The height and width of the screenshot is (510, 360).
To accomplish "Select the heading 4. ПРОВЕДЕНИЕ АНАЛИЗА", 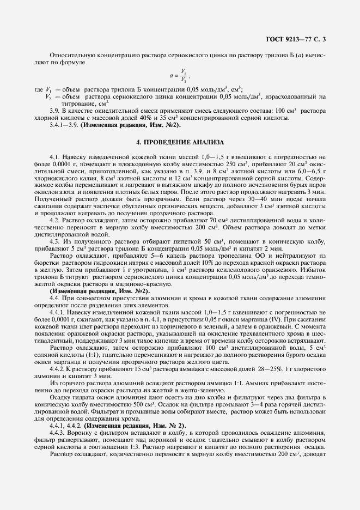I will point(180,143).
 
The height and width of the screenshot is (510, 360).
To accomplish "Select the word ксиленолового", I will point(242,276).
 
